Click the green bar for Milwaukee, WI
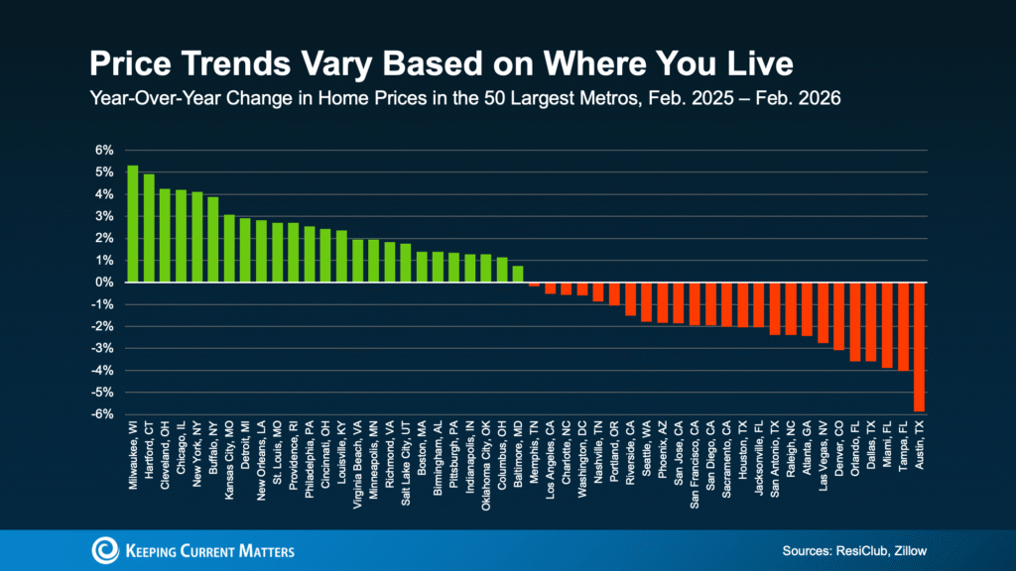coord(133,224)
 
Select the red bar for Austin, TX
coord(920,347)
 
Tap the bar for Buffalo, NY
coord(212,240)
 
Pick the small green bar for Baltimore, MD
coord(518,275)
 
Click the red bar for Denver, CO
coord(839,316)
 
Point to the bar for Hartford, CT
coord(149,228)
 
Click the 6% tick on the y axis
coord(105,150)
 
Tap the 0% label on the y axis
coord(105,283)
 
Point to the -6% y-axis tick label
coord(103,414)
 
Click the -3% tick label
coord(103,348)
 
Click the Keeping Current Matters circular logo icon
coord(102,550)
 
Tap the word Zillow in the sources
coord(907,550)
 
